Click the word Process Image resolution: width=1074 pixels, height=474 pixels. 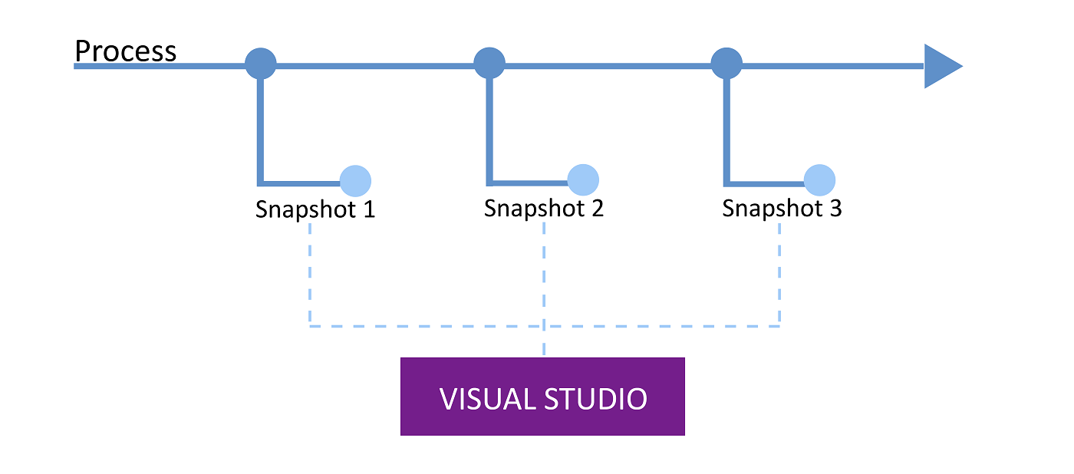(x=125, y=51)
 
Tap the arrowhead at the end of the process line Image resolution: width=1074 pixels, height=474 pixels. (x=941, y=67)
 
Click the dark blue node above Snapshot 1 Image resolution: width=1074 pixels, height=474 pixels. (x=260, y=63)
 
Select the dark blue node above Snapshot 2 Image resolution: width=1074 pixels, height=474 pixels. (x=489, y=63)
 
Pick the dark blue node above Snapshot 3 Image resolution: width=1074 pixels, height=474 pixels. (x=726, y=63)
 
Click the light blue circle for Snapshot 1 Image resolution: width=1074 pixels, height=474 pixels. (x=355, y=181)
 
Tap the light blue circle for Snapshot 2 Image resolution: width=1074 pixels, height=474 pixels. (x=583, y=179)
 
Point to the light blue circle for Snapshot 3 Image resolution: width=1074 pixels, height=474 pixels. (x=819, y=180)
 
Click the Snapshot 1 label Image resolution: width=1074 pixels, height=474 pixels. (x=315, y=209)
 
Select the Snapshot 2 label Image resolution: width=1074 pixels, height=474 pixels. (x=544, y=208)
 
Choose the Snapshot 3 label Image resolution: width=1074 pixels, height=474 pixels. (x=782, y=208)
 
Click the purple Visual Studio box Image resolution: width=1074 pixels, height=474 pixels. (x=542, y=397)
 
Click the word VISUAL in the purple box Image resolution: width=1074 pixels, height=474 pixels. (x=486, y=400)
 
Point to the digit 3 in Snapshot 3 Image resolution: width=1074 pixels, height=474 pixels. (x=834, y=208)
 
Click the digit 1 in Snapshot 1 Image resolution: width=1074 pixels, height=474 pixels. (x=367, y=209)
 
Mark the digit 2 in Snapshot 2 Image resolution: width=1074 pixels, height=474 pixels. (x=596, y=208)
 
